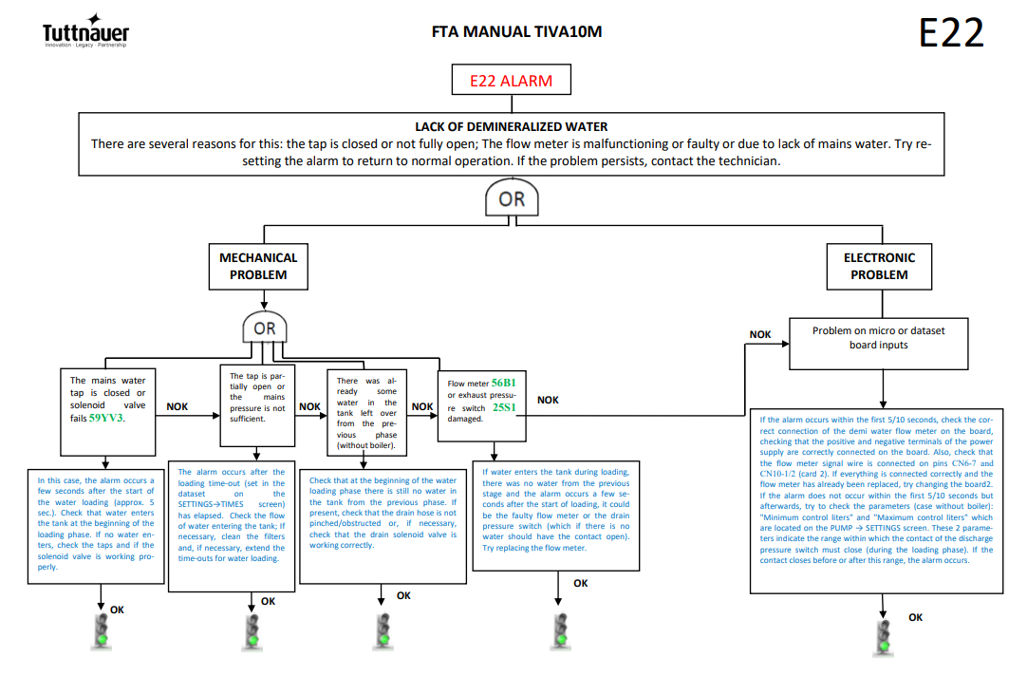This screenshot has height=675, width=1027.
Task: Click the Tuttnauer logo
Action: (85, 30)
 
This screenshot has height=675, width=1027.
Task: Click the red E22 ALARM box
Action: (511, 80)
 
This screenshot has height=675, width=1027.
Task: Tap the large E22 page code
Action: (951, 33)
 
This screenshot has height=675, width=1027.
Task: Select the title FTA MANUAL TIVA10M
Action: (516, 31)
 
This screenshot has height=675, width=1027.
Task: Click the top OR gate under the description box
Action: (512, 197)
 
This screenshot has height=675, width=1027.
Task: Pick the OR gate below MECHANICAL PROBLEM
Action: (265, 327)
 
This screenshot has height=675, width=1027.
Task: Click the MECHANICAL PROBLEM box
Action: (258, 266)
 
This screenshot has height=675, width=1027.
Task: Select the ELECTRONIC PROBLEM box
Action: (879, 266)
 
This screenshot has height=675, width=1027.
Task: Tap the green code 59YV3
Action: (106, 418)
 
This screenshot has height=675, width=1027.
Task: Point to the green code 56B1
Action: (504, 383)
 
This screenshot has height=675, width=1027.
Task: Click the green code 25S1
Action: (504, 407)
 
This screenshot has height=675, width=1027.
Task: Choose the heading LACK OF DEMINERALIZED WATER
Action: (511, 126)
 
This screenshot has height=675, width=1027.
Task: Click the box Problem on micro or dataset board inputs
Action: (878, 344)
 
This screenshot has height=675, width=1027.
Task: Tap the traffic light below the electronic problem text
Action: (884, 636)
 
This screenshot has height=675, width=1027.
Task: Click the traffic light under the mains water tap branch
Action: (101, 631)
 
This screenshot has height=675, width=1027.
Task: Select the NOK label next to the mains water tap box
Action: (177, 406)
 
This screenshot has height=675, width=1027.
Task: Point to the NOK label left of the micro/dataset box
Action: (759, 334)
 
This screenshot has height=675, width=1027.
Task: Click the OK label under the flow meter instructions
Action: (580, 583)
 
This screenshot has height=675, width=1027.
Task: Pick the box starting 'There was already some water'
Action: (366, 412)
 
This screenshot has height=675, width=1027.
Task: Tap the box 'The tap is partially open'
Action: (257, 405)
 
